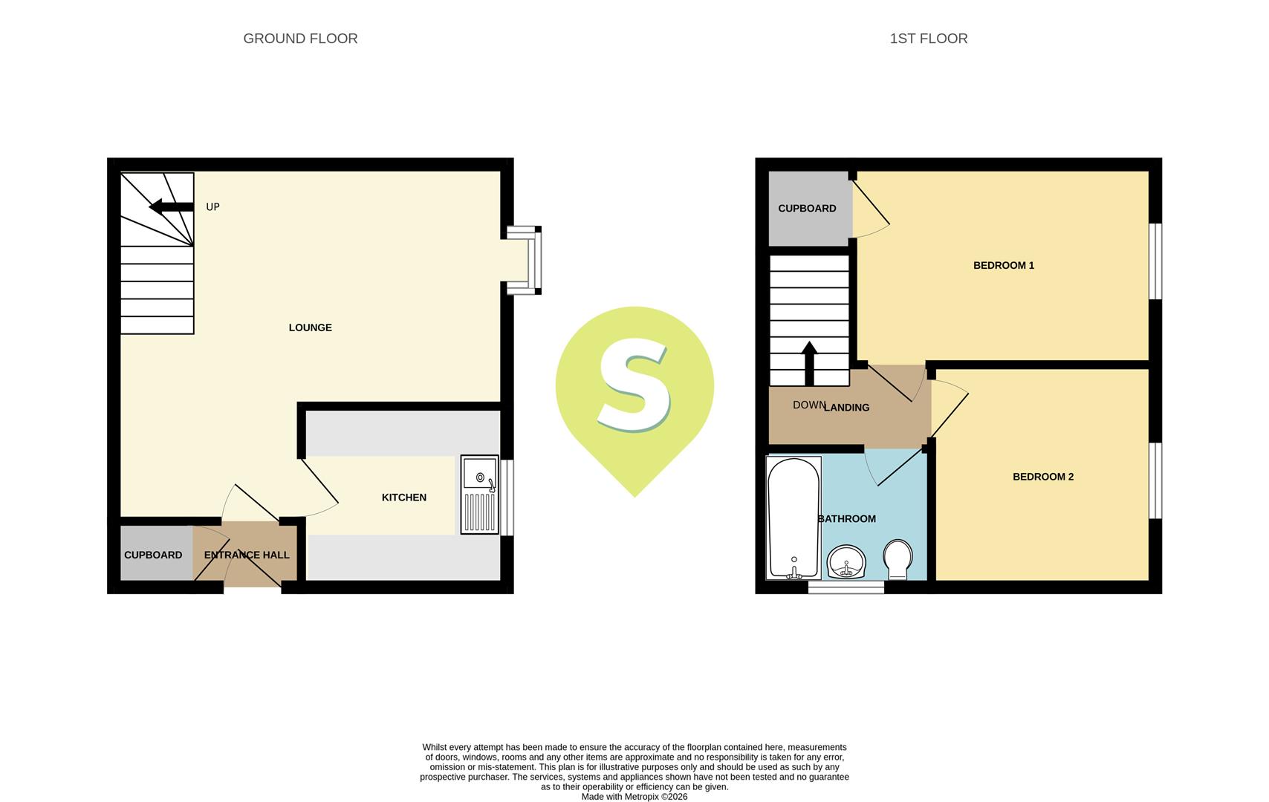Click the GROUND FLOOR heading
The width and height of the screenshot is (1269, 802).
300,39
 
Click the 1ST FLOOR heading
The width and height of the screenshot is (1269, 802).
928,39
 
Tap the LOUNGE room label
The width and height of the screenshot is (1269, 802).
310,327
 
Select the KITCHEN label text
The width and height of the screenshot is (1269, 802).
403,498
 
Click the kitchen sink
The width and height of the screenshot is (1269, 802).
479,494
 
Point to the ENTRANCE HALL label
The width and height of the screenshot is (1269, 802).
247,555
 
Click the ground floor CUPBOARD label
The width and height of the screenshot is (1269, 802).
153,555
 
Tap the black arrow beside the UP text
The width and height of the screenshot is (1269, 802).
171,206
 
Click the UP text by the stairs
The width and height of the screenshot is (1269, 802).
212,207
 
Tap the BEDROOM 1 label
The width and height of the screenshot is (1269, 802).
1003,265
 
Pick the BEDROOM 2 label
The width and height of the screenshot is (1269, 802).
1042,477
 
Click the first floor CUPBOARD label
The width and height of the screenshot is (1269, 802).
807,209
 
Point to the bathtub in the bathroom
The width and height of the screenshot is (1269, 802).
793,517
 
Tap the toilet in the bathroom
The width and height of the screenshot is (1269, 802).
898,559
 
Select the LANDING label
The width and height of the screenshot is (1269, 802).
847,408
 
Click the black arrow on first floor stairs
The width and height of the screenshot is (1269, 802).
809,363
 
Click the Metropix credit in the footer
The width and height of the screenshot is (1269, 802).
634,797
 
